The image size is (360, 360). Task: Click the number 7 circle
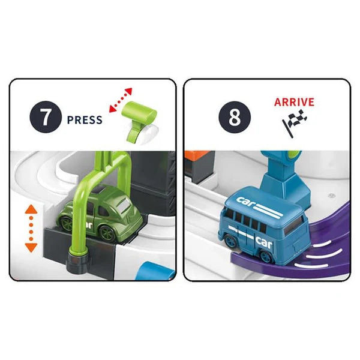coord(46,117)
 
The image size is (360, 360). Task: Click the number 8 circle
coord(235,117)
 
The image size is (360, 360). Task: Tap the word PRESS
coord(85,120)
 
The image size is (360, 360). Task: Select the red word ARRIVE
coord(294,102)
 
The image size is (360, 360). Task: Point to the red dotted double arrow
coord(121,100)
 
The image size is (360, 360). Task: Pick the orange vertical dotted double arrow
coord(31,229)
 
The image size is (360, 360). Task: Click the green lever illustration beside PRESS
coord(139,122)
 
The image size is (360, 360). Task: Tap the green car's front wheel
coord(107,233)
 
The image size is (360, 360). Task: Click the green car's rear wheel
coord(67,223)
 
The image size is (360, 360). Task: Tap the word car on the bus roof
coord(245,200)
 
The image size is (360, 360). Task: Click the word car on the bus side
coord(264,242)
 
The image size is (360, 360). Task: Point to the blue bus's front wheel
coord(265,256)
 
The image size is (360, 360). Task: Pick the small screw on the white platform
coord(331,196)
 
